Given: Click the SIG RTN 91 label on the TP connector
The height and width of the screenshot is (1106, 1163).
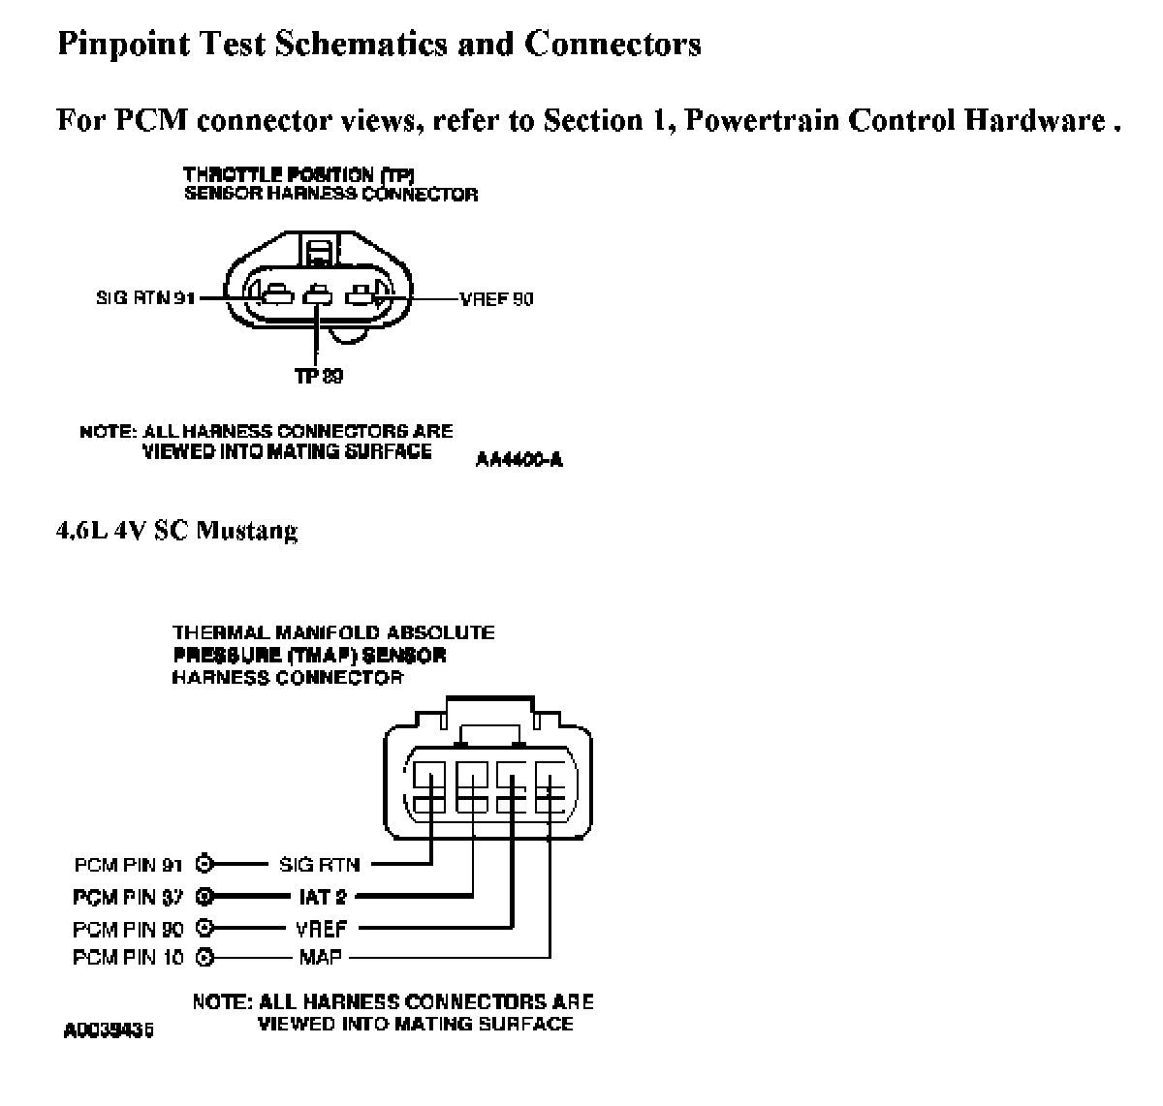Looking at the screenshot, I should [144, 298].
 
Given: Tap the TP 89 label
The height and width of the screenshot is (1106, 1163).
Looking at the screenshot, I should [319, 376].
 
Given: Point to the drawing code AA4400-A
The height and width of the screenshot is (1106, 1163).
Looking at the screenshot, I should [519, 460].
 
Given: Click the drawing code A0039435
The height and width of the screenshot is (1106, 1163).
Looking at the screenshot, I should [109, 1030].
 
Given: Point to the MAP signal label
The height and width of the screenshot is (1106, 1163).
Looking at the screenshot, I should [321, 959].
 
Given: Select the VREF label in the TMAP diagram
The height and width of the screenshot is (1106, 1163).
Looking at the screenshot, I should [321, 929].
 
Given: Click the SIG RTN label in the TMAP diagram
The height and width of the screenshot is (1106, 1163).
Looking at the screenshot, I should [319, 864].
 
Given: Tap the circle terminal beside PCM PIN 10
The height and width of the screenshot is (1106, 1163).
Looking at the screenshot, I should [204, 959].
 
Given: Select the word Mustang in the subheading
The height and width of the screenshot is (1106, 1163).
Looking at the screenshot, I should [247, 531].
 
